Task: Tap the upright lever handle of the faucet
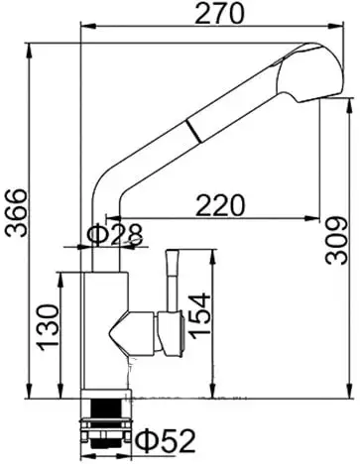coord(170,278)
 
